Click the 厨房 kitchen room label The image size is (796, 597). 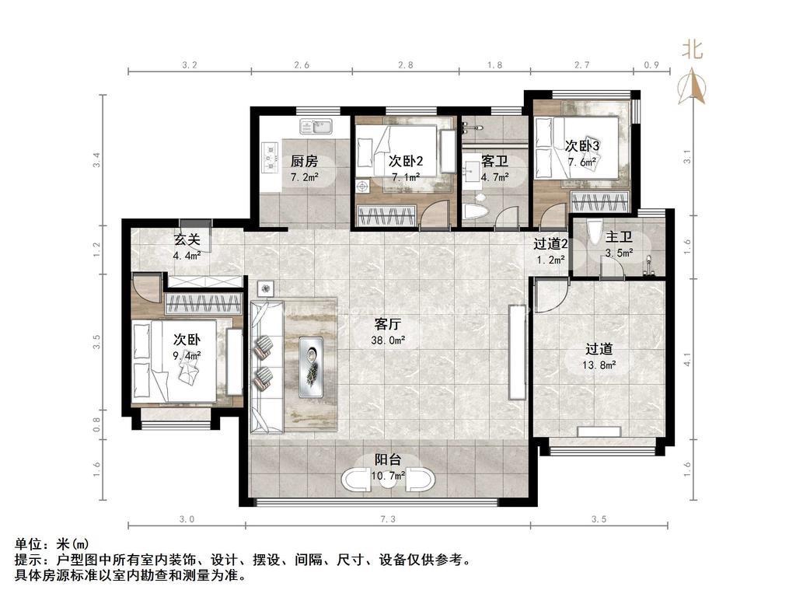[x=304, y=162]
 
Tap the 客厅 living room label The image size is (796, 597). [x=388, y=324]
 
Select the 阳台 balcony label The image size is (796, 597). [x=388, y=459]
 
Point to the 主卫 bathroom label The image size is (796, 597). [x=619, y=236]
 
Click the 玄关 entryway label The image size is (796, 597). [x=187, y=239]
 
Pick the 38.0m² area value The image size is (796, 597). [x=388, y=340]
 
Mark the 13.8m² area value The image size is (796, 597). [x=599, y=365]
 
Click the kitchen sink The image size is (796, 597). [x=316, y=126]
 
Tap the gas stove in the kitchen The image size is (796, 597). [x=271, y=155]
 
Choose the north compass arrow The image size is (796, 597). [x=691, y=86]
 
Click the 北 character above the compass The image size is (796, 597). [x=692, y=50]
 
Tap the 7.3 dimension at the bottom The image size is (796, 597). [x=387, y=518]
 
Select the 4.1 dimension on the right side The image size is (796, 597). [x=687, y=360]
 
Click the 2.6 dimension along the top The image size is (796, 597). [x=302, y=65]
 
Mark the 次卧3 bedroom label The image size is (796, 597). [x=582, y=145]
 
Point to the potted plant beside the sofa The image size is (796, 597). [x=266, y=289]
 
